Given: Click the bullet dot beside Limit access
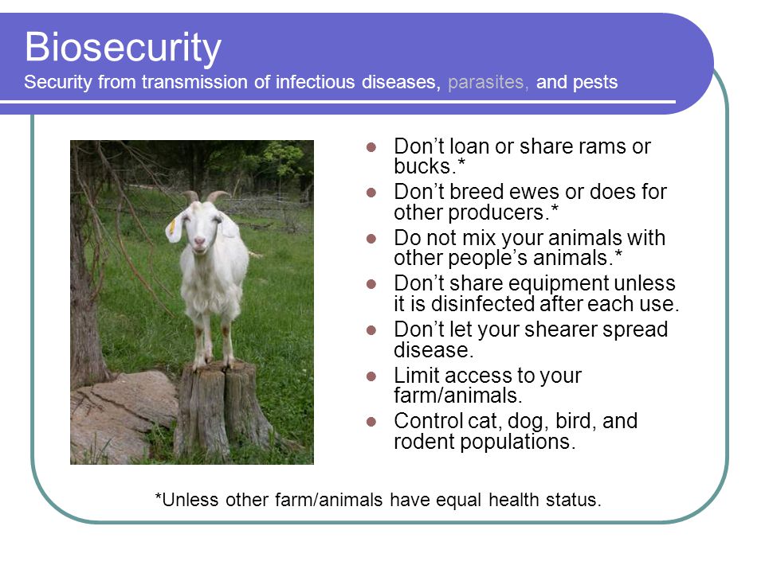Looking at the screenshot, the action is pos(371,376).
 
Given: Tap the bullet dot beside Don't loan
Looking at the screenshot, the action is pos(371,146).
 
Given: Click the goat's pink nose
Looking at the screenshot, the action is pos(199,241).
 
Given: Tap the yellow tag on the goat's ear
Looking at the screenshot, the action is pos(172,226).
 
